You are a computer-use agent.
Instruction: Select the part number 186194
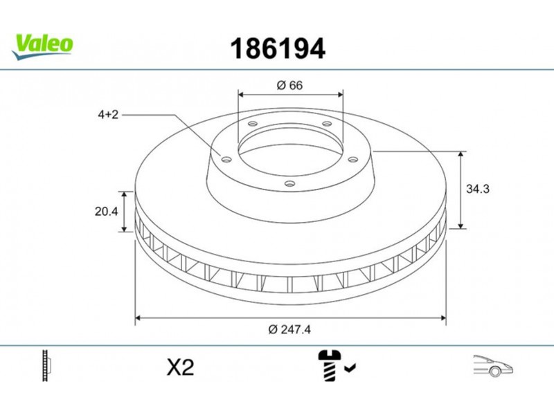pyautogui.click(x=278, y=48)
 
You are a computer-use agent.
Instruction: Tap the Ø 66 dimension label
pyautogui.click(x=289, y=85)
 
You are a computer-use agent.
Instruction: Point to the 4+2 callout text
pyautogui.click(x=108, y=115)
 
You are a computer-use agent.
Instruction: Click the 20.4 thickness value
pyautogui.click(x=107, y=212)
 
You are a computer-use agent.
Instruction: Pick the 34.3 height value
pyautogui.click(x=478, y=189)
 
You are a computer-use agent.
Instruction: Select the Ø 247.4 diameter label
pyautogui.click(x=289, y=330)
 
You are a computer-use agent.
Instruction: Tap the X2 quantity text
pyautogui.click(x=180, y=367)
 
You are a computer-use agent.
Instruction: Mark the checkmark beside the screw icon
pyautogui.click(x=350, y=368)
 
